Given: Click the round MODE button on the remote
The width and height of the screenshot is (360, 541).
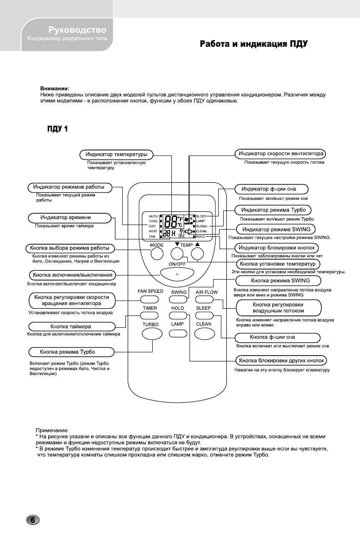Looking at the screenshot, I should click(157, 254).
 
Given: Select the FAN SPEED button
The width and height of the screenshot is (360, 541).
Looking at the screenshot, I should click(147, 299).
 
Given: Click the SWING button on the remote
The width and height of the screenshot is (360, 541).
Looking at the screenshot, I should click(176, 300).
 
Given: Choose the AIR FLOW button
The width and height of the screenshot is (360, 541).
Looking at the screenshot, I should click(204, 299).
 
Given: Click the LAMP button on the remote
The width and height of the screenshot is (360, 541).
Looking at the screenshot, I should click(177, 333).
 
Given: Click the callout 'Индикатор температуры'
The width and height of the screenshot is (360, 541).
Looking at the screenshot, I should click(117, 154).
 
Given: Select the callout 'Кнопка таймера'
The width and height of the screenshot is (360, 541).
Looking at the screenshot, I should click(70, 326).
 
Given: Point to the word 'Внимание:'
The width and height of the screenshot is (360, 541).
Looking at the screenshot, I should click(55, 89).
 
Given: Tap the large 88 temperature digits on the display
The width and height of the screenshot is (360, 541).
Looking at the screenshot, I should click(171, 221).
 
